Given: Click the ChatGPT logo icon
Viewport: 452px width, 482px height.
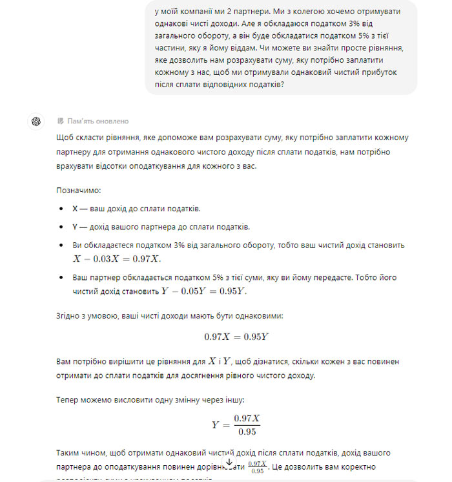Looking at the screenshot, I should pyautogui.click(x=36, y=121).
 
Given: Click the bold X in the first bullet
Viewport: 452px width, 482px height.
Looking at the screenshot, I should pyautogui.click(x=75, y=209).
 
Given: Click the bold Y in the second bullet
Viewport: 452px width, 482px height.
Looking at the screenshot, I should pyautogui.click(x=75, y=227).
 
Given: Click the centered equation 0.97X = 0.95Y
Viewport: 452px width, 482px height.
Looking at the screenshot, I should pyautogui.click(x=236, y=337).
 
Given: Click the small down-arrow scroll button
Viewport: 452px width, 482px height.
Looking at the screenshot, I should pyautogui.click(x=229, y=463).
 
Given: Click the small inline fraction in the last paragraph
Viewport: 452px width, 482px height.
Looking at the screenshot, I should pyautogui.click(x=256, y=466).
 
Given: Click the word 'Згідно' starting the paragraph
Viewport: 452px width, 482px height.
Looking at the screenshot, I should pyautogui.click(x=68, y=316).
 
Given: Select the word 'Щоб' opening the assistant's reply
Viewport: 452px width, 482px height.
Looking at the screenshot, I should pyautogui.click(x=65, y=138).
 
